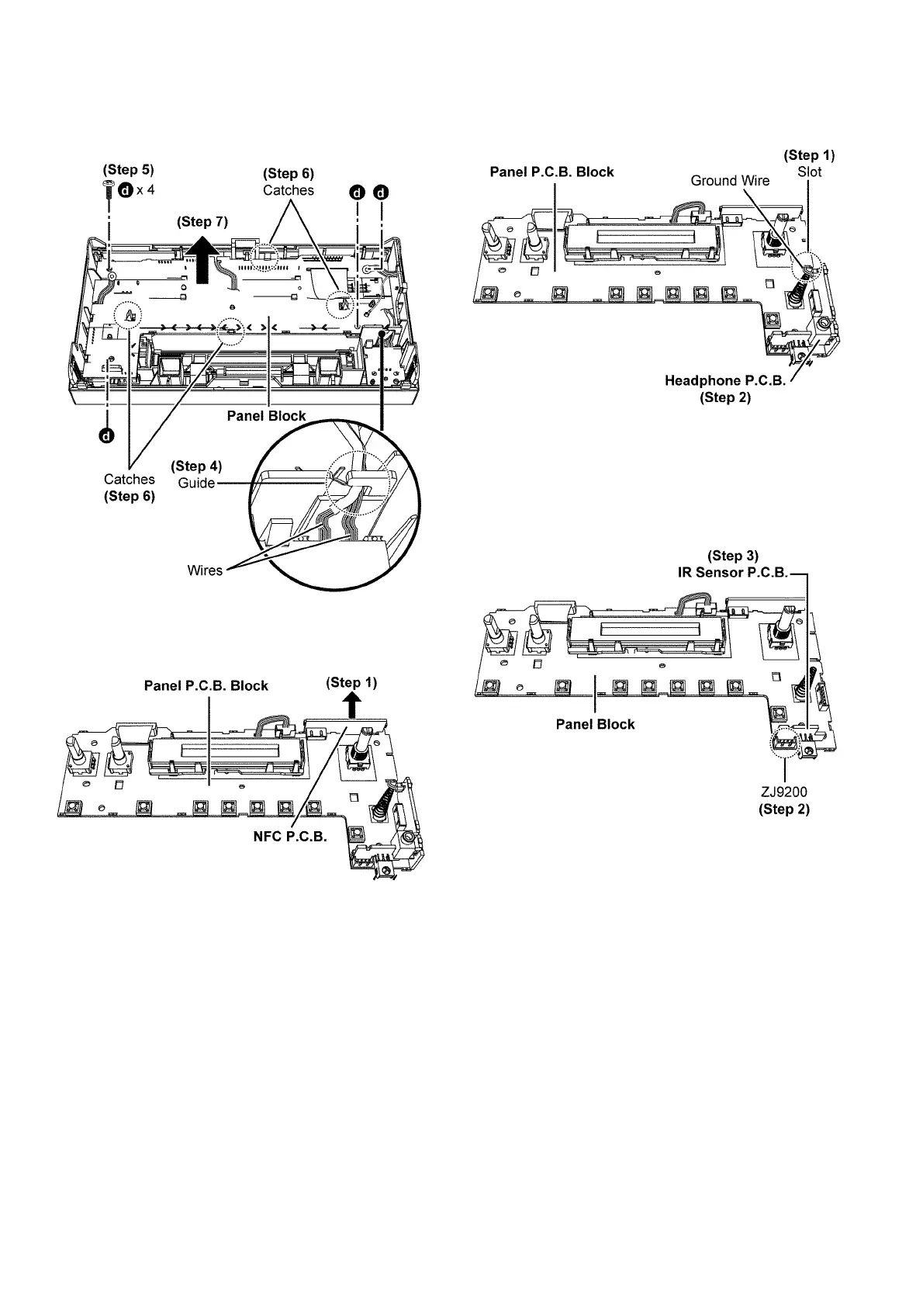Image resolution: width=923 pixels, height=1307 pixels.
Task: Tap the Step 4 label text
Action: pyautogui.click(x=196, y=466)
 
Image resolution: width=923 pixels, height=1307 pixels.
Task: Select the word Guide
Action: pyautogui.click(x=195, y=482)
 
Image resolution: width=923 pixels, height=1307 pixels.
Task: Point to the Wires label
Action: pyautogui.click(x=205, y=570)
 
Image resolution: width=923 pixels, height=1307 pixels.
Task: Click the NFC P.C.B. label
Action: pyautogui.click(x=290, y=837)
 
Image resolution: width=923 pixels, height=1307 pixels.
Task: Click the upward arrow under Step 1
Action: pyautogui.click(x=352, y=706)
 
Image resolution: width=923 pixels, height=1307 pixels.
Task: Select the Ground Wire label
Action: pyautogui.click(x=730, y=181)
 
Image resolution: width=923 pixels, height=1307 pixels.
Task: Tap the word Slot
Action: pyautogui.click(x=809, y=172)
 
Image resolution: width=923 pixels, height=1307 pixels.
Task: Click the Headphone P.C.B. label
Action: pyautogui.click(x=725, y=381)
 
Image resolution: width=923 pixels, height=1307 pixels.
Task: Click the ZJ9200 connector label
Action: pyautogui.click(x=784, y=792)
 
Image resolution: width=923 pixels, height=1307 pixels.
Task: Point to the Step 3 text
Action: pyautogui.click(x=732, y=556)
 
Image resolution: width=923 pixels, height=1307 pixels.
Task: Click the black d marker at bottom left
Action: pyautogui.click(x=107, y=435)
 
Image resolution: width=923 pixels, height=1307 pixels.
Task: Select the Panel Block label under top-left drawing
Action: pyautogui.click(x=266, y=416)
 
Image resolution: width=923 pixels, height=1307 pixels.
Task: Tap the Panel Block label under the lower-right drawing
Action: pyautogui.click(x=595, y=724)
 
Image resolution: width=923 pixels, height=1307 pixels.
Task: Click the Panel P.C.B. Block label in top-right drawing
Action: pyautogui.click(x=551, y=172)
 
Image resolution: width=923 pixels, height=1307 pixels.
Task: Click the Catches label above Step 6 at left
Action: pyautogui.click(x=129, y=479)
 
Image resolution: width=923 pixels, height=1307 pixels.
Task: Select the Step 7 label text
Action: pyautogui.click(x=202, y=222)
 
